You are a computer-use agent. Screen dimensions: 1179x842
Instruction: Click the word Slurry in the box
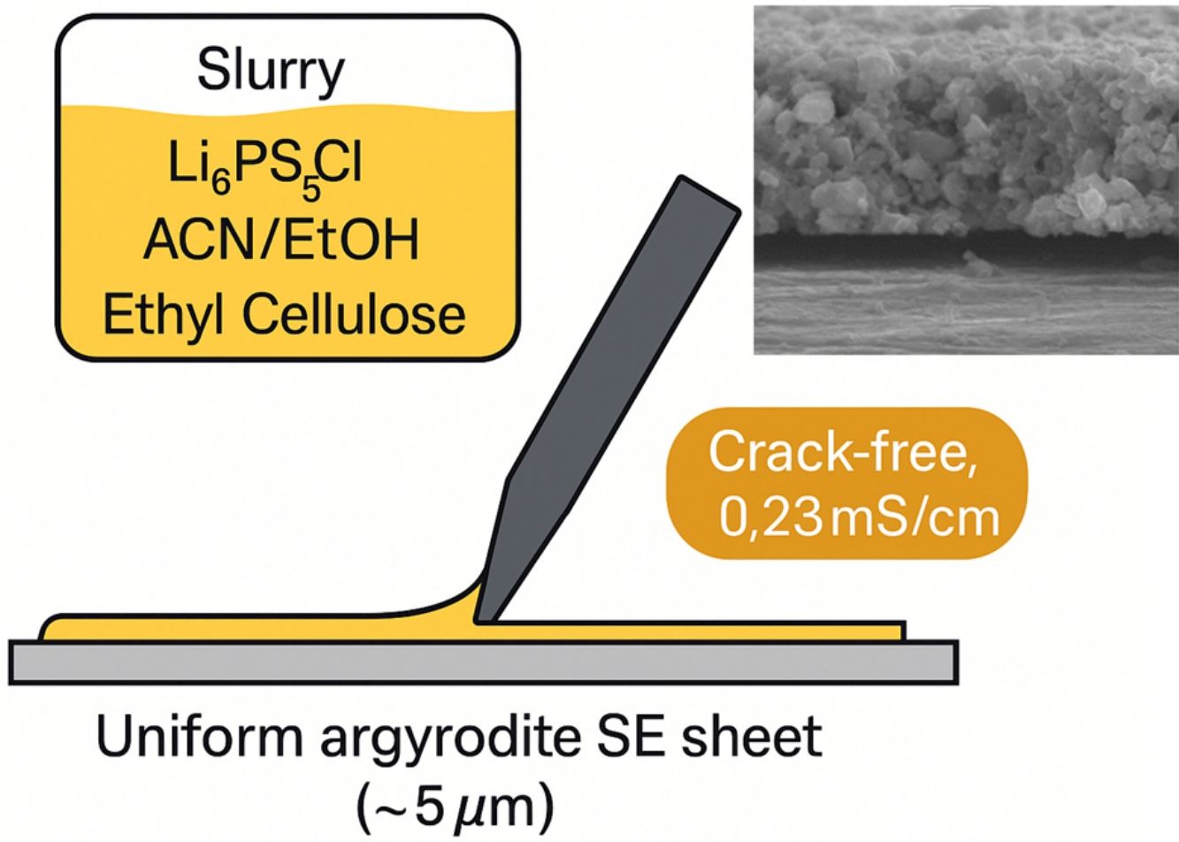click(x=271, y=72)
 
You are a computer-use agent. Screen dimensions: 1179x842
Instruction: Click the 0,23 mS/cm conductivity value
click(x=859, y=517)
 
